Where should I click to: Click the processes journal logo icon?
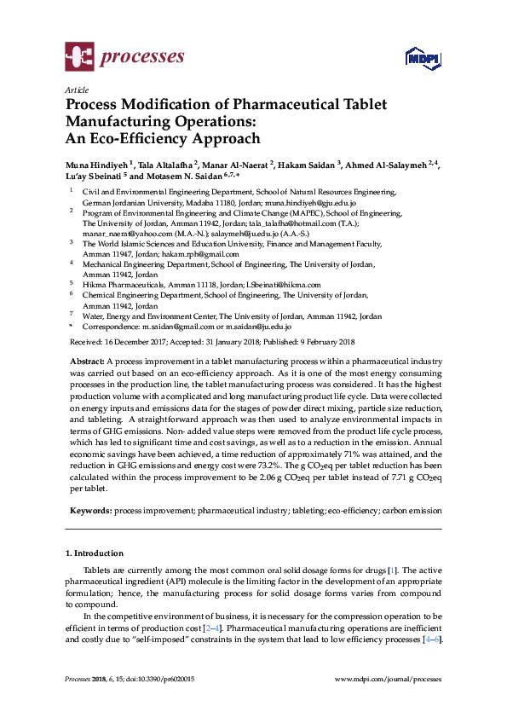click(79, 57)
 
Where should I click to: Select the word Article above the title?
click(77, 90)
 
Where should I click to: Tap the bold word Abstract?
click(89, 362)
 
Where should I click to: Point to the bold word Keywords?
click(90, 510)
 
